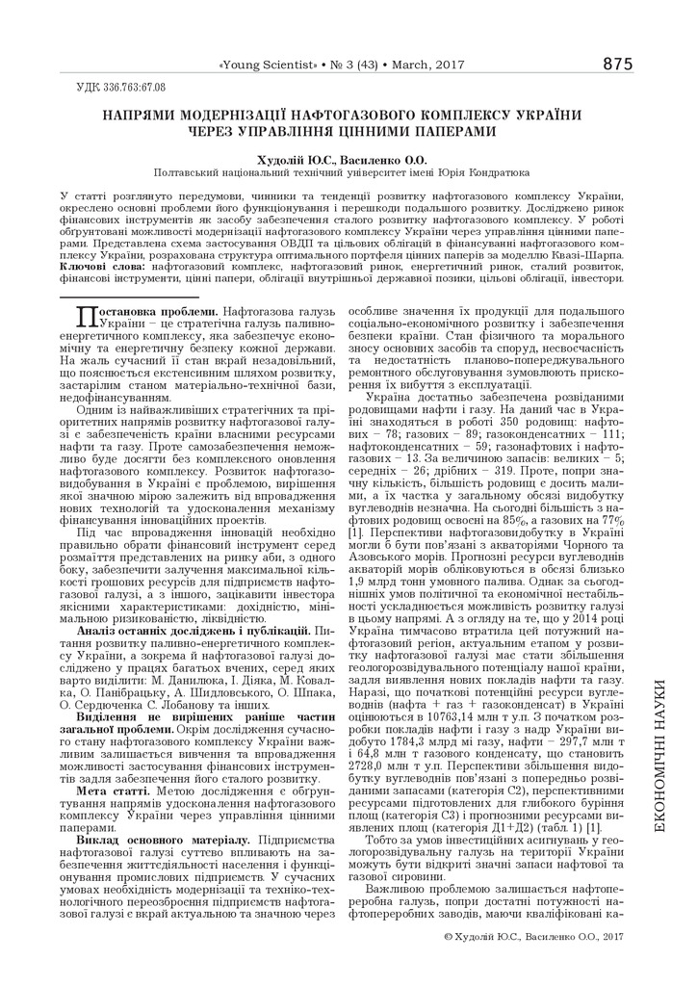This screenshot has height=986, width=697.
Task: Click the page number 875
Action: (617, 65)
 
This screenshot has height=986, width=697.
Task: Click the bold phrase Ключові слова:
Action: (94, 265)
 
